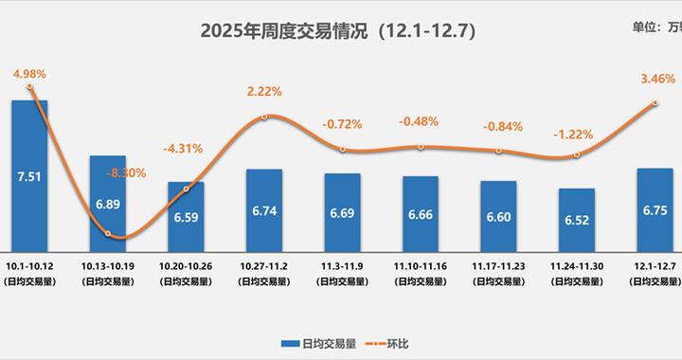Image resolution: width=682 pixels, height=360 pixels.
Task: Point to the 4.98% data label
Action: tap(29, 73)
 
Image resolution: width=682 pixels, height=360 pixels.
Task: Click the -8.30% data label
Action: tap(125, 172)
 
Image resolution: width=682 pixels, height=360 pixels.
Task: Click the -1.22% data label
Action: tap(576, 135)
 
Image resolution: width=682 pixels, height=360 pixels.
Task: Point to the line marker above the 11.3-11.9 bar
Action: tap(342, 149)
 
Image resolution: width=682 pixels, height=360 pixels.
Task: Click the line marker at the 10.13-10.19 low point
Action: tap(108, 233)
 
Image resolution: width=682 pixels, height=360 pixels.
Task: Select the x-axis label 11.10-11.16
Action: tap(420, 255)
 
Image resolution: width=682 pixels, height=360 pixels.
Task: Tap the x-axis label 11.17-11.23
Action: tap(498, 255)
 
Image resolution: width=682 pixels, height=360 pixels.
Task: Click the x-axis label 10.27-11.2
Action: tap(264, 255)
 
